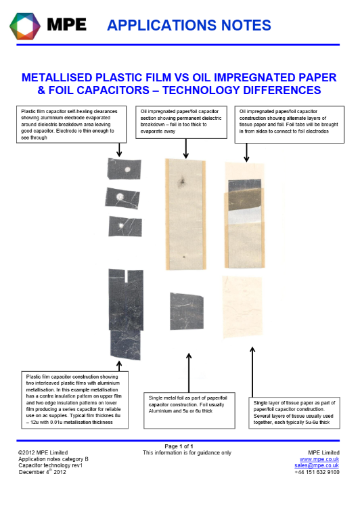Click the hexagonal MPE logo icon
tap(25, 26)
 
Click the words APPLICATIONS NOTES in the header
tap(189, 25)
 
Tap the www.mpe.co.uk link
tap(319, 459)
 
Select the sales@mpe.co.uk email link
tap(317, 466)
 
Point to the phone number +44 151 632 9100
tap(317, 472)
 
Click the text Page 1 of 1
tap(179, 446)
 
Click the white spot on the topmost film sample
tap(127, 169)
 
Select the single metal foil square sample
tap(187, 311)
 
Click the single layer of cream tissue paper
tap(242, 307)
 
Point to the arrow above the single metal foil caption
tap(189, 372)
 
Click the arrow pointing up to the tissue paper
tap(252, 372)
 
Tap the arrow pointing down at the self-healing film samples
tap(119, 150)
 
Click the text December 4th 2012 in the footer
tap(42, 472)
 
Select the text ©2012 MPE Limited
tap(43, 452)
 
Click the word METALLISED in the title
tap(57, 77)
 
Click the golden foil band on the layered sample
tap(244, 199)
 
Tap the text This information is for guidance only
tap(187, 453)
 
